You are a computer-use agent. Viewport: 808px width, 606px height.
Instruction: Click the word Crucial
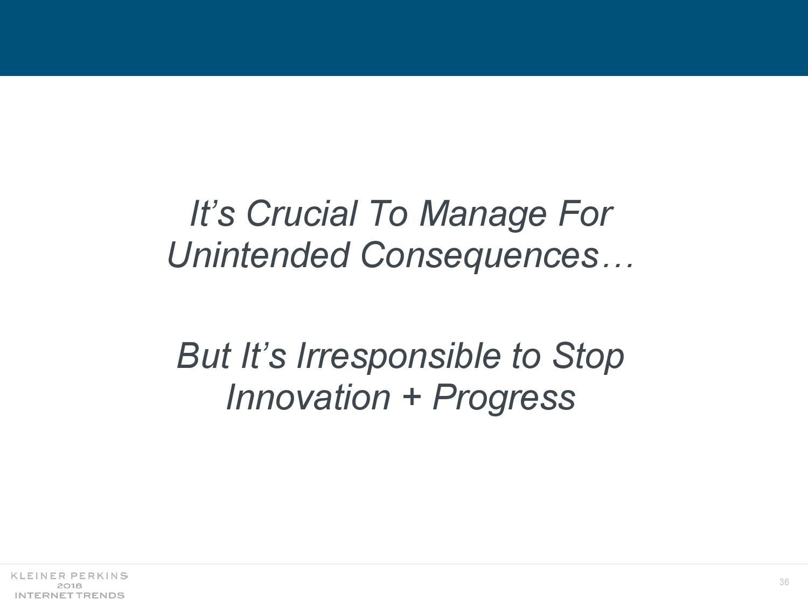(302, 214)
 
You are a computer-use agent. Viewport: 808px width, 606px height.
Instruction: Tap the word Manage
(483, 216)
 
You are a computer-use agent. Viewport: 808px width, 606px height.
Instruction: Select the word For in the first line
(585, 214)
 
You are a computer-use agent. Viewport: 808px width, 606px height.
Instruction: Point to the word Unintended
(258, 255)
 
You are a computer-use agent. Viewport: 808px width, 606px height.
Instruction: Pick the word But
(204, 356)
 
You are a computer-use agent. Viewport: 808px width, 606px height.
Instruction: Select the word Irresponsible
(398, 358)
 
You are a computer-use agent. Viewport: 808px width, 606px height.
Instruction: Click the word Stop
(588, 358)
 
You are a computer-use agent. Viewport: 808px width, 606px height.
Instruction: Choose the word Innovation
(308, 398)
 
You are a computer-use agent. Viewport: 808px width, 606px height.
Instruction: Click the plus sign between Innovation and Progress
(412, 399)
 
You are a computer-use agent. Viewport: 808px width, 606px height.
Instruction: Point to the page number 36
(784, 582)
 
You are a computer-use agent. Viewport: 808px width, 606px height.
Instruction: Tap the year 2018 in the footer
(69, 586)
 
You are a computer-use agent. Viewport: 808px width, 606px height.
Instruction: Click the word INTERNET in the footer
(41, 595)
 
